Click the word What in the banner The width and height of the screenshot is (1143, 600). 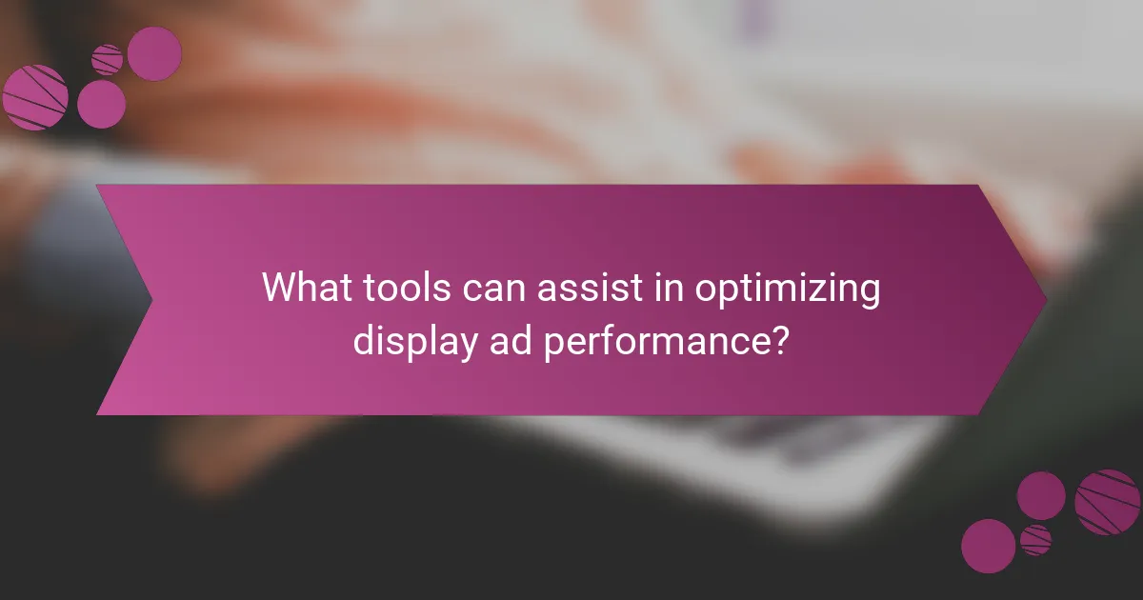303,287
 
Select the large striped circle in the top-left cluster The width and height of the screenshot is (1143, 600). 34,98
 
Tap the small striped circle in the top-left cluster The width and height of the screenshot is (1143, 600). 108,59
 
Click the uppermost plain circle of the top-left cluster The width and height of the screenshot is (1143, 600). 154,53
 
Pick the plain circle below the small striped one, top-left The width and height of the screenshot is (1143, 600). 101,104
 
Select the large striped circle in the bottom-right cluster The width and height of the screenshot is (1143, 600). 1108,502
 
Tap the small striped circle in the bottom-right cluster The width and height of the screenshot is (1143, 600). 1035,540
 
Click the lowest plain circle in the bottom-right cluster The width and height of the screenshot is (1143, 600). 988,546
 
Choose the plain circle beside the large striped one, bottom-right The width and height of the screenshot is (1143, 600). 1041,495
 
